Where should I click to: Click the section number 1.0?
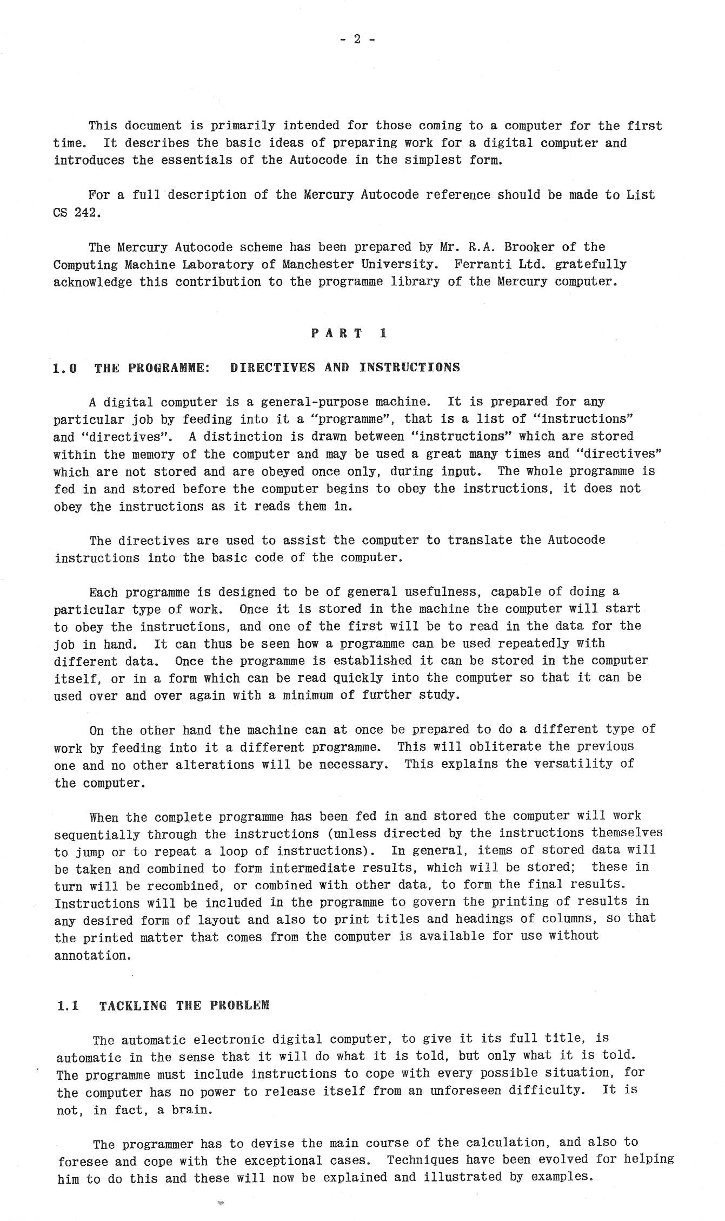[65, 369]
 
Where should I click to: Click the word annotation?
[92, 955]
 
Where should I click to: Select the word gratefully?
[591, 265]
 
